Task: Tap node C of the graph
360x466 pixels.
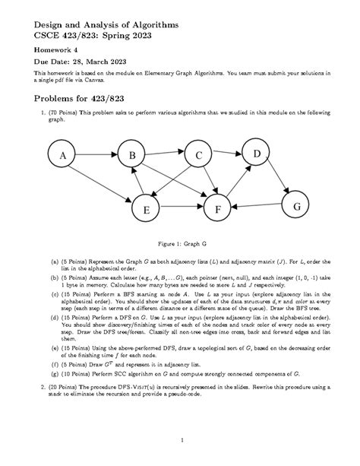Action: [x=198, y=156]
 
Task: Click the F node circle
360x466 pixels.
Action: [x=218, y=208]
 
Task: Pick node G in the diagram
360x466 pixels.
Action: [x=295, y=206]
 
